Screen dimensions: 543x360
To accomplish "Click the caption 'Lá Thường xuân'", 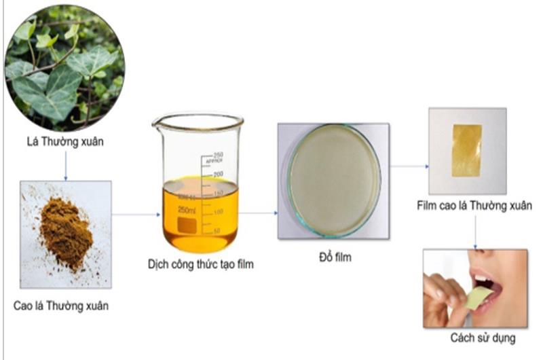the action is tap(65, 142).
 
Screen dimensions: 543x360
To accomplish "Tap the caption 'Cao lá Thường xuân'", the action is tap(61, 306).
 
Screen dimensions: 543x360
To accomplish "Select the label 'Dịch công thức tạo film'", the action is tap(201, 264).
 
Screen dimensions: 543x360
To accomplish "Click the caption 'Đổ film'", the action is tap(335, 257).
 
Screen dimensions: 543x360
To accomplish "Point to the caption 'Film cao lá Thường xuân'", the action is tap(474, 206).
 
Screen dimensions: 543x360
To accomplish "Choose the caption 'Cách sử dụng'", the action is tap(483, 338).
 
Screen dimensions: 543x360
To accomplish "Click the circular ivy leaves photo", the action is tap(64, 68).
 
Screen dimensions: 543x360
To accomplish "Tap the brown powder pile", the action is tap(66, 233).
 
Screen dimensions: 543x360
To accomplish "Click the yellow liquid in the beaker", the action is tap(200, 215).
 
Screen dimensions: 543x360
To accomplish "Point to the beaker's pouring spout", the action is tap(157, 122).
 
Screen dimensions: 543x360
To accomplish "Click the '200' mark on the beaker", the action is tap(218, 174).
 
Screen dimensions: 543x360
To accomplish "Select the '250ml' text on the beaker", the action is tap(187, 210).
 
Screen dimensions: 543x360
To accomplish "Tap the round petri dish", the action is tap(335, 181).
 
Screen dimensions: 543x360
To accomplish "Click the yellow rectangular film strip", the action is tap(467, 151).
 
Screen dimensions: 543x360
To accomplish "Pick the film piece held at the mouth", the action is tap(479, 298).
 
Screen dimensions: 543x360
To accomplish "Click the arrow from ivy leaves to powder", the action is tap(66, 166).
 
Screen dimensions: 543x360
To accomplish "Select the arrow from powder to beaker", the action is tap(136, 215).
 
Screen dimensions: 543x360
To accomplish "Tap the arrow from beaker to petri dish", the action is tap(259, 213).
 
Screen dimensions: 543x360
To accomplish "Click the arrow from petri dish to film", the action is tap(409, 166).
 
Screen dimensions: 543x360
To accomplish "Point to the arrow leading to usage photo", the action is tap(475, 232).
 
